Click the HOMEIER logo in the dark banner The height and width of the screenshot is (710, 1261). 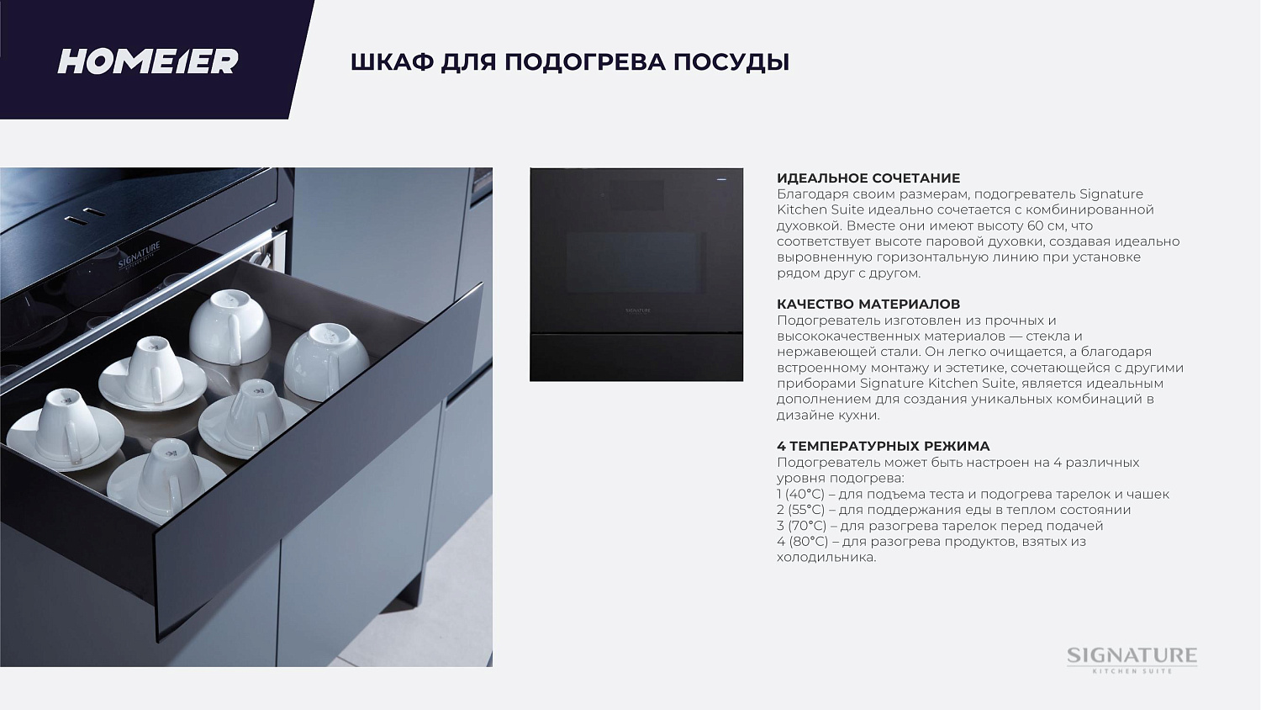[147, 61]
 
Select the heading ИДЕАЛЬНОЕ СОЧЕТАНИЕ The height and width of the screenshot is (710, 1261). [868, 178]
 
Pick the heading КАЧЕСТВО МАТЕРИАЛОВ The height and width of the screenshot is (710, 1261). [868, 304]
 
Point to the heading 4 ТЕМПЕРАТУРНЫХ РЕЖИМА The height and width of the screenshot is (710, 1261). [884, 446]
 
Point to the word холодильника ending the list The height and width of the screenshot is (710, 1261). [826, 557]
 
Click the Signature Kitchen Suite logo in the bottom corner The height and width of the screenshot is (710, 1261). [1132, 659]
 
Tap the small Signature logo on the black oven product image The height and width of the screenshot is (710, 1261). [637, 310]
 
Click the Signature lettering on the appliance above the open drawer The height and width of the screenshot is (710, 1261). [139, 256]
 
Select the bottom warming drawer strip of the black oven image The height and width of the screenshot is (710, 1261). [636, 358]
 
